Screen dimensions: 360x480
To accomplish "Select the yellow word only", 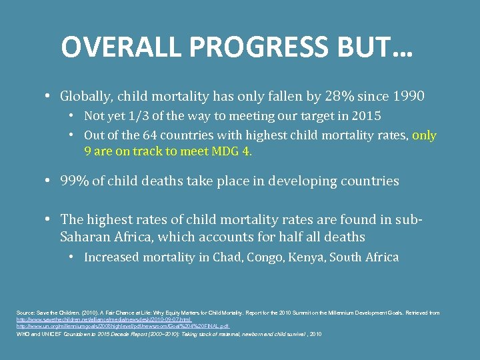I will point(424,135).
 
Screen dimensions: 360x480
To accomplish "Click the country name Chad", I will point(245,257).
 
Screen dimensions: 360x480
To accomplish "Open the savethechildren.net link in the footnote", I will point(96,320).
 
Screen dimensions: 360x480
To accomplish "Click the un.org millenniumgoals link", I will point(123,327).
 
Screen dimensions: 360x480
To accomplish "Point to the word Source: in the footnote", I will point(27,313).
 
